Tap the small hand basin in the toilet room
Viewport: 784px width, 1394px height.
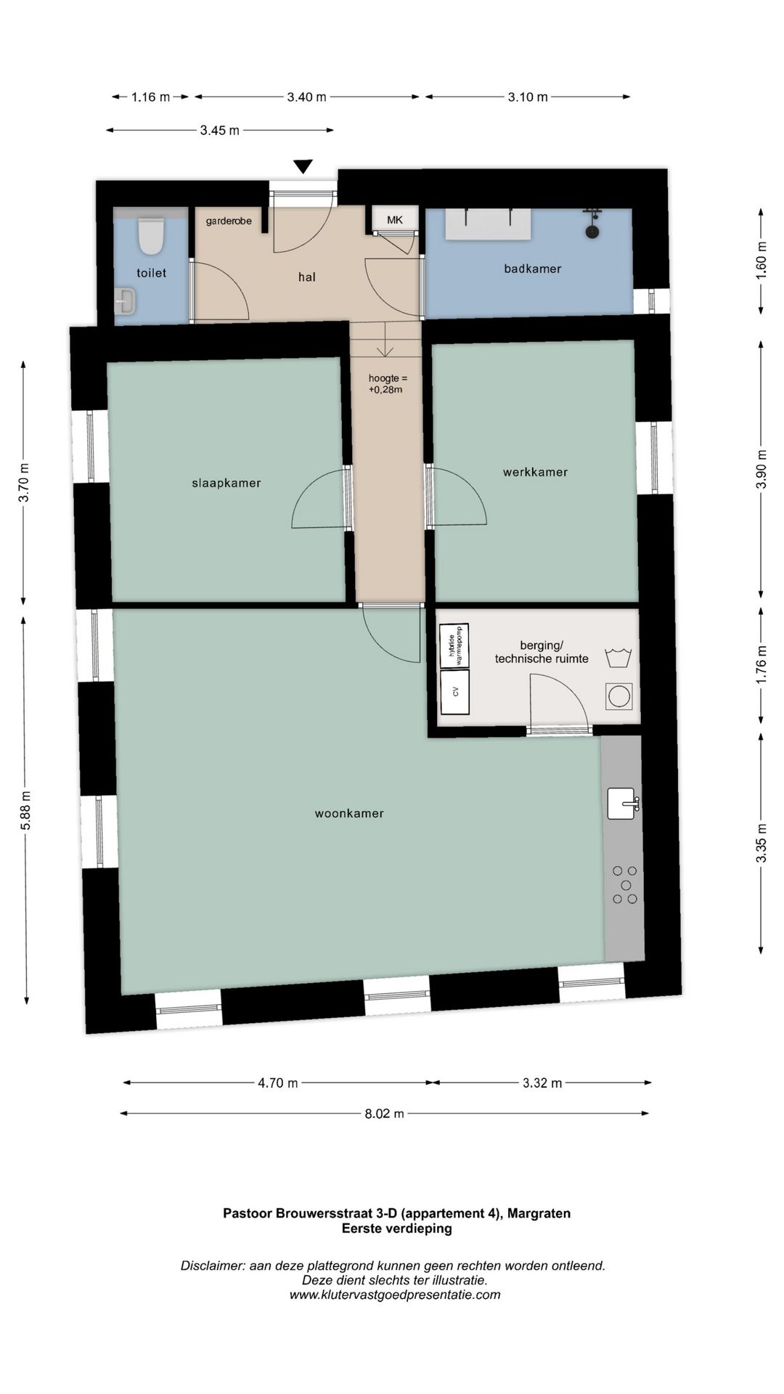coord(125,301)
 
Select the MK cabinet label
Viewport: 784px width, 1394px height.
coord(395,220)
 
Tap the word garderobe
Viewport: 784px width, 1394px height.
coord(229,221)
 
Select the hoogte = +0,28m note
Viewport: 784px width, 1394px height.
coord(388,383)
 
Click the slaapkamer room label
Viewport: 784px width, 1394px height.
coord(226,483)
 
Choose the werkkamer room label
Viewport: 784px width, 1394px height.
coord(536,472)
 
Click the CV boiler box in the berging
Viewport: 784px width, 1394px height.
coord(455,692)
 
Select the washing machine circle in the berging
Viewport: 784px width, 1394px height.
coord(619,696)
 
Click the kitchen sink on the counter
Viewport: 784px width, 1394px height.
coord(622,804)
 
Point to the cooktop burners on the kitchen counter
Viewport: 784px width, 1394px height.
coord(624,884)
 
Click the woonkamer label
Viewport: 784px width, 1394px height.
coord(349,813)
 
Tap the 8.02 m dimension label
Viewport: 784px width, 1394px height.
coord(385,1113)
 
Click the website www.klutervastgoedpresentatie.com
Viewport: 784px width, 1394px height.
coord(395,1295)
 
